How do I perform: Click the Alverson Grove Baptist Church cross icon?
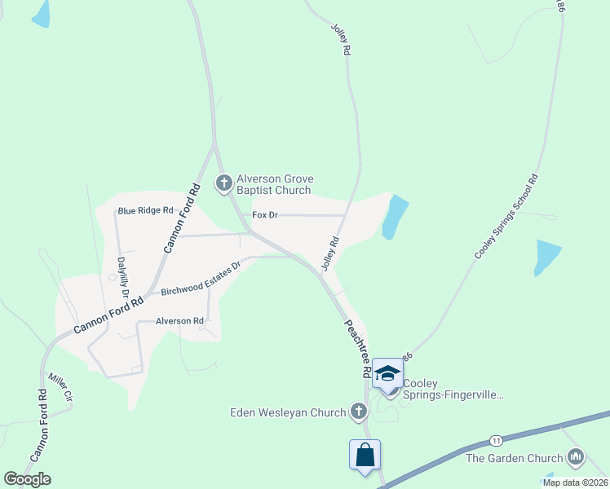[224, 183]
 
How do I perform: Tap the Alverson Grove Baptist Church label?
[275, 185]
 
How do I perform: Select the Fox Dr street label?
[265, 215]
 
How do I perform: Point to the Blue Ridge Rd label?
[146, 210]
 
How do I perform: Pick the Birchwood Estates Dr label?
[201, 279]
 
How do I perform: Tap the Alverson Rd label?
[179, 321]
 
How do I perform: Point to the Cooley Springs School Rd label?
[506, 217]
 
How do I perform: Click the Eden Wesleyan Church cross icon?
[358, 412]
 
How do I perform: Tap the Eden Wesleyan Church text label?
[288, 412]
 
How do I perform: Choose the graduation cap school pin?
[387, 374]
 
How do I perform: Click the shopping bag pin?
[365, 454]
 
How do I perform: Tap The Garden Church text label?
[515, 458]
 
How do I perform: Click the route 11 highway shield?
[496, 441]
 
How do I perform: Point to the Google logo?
[27, 478]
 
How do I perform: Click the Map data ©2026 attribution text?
[575, 482]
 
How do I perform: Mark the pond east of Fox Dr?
[394, 218]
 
